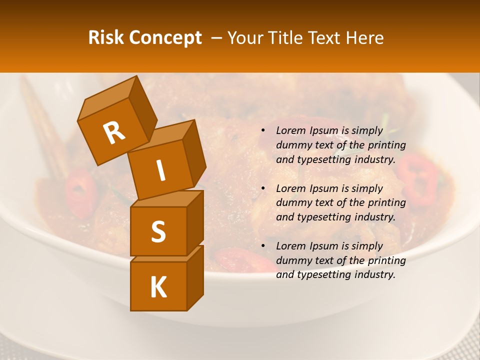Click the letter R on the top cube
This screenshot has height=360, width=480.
[x=114, y=132]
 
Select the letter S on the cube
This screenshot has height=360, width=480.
[x=158, y=231]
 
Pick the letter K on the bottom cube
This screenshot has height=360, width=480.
[x=158, y=287]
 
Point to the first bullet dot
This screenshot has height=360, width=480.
[x=263, y=131]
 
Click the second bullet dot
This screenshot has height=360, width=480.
[x=263, y=188]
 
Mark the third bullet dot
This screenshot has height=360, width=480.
[x=263, y=246]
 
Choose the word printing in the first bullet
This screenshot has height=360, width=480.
[x=387, y=145]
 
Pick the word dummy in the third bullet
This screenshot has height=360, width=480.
[x=293, y=260]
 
